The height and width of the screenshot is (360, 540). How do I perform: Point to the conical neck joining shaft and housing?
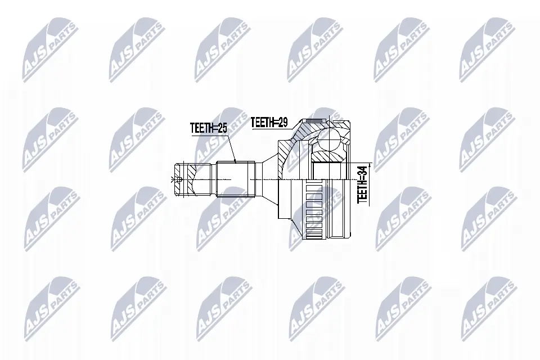[268, 179]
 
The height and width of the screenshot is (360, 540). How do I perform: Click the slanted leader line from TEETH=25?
[232, 147]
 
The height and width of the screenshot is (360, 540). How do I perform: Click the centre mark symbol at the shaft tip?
[173, 179]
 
